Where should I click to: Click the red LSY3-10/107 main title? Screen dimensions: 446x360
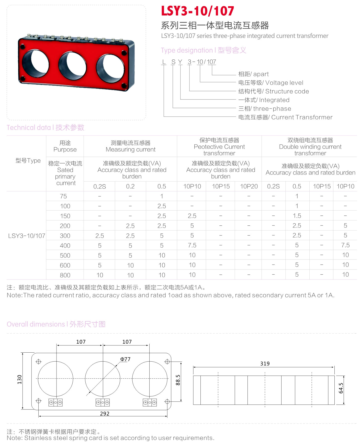point(197,11)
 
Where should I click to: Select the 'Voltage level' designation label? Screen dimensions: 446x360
point(271,83)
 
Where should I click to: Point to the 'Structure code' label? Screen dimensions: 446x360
point(274,91)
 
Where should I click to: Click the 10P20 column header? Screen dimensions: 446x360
point(249,187)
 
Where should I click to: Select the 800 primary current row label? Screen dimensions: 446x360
point(65,275)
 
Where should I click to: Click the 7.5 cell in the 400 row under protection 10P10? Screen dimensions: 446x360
point(192,245)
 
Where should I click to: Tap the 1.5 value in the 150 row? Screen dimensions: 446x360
point(297,216)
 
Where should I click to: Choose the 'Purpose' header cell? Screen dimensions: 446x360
point(65,146)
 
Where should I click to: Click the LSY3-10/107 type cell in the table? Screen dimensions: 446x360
point(27,236)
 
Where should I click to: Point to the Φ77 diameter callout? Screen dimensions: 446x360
point(125,359)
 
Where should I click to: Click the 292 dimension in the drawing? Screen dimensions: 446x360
point(105,414)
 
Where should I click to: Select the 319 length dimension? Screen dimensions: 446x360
point(265,364)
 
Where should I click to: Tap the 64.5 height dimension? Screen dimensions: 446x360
point(341,388)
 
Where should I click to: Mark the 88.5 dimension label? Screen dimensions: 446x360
point(178,380)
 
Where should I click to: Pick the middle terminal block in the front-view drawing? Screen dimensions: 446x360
point(103,403)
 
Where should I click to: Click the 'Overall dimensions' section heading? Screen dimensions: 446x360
point(56,324)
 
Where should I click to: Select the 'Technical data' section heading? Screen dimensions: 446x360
point(46,127)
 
